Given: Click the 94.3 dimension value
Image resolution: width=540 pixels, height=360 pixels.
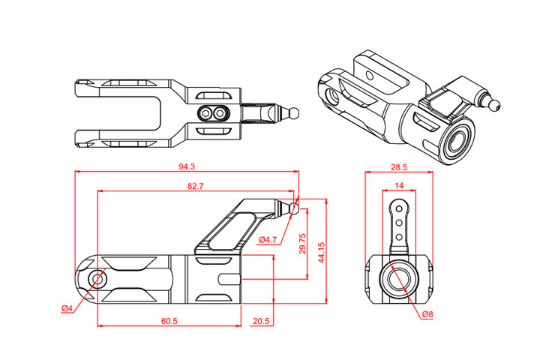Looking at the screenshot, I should [187, 166].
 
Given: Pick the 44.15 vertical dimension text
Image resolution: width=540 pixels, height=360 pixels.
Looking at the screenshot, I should [321, 251].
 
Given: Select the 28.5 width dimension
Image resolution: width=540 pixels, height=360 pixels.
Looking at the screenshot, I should [399, 166].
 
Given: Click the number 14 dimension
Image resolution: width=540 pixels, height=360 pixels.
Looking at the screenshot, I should [399, 184].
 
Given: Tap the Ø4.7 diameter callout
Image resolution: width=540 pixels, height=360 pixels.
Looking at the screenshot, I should [268, 239].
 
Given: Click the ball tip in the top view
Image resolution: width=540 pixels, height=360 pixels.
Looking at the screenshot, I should [295, 112].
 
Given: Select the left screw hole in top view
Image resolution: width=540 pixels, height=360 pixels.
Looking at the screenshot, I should [205, 112].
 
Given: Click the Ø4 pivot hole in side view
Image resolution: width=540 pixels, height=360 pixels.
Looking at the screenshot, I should [97, 279].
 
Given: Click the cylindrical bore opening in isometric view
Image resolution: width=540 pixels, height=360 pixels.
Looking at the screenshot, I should [455, 140].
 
